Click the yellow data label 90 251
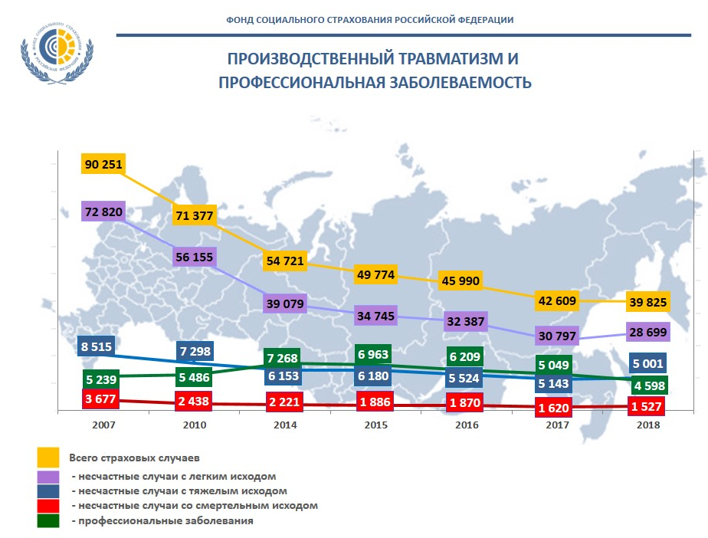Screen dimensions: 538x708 pyautogui.click(x=102, y=164)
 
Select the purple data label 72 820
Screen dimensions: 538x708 pyautogui.click(x=102, y=212)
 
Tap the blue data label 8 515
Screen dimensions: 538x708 pyautogui.click(x=96, y=346)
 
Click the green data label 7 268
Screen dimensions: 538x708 pyautogui.click(x=284, y=358)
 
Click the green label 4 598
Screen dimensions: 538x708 pyautogui.click(x=648, y=384)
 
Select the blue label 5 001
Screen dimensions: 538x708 pyautogui.click(x=648, y=362)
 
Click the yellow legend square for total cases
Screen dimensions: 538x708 pyautogui.click(x=48, y=457)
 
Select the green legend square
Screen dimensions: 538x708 pyautogui.click(x=48, y=520)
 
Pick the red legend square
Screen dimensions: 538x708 pyautogui.click(x=48, y=505)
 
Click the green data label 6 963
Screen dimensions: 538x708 pyautogui.click(x=374, y=355)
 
